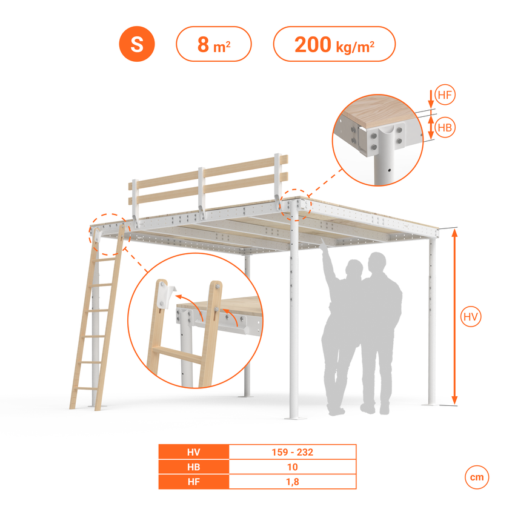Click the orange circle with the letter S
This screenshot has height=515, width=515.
click(x=137, y=44)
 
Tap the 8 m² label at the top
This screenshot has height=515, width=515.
click(x=214, y=44)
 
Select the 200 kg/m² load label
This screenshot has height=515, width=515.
click(x=334, y=44)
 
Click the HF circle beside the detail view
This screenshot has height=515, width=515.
click(x=445, y=95)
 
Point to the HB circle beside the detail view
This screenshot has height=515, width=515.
click(x=445, y=127)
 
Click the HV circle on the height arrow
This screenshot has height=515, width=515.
click(x=471, y=317)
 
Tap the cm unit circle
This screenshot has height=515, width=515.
click(x=477, y=477)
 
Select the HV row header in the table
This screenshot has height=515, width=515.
click(x=194, y=452)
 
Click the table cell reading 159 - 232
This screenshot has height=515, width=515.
click(x=292, y=452)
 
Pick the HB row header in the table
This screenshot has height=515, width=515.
click(x=194, y=467)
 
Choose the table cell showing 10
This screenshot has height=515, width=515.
click(x=292, y=467)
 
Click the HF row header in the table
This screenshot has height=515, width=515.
click(x=194, y=482)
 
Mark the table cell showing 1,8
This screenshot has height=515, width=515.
click(x=292, y=482)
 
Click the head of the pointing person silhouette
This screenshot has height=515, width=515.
click(x=354, y=268)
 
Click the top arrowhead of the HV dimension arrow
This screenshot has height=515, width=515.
click(x=454, y=233)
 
